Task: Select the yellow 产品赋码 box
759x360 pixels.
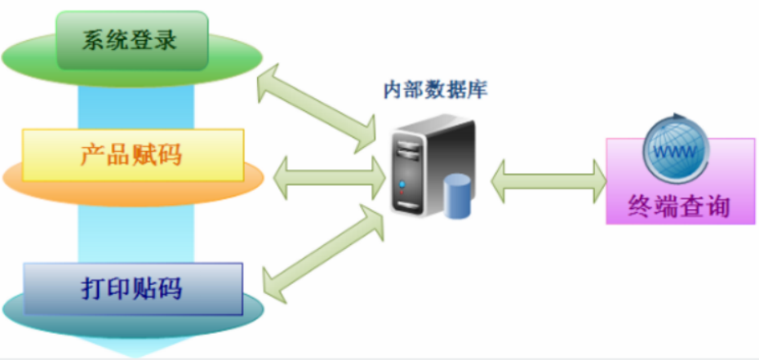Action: pyautogui.click(x=132, y=154)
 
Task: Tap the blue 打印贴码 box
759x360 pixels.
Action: pyautogui.click(x=132, y=288)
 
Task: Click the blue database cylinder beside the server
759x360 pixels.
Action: pyautogui.click(x=458, y=197)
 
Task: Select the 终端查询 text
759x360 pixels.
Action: pyautogui.click(x=680, y=207)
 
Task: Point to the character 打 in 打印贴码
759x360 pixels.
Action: pyautogui.click(x=94, y=288)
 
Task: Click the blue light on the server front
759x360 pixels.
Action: pyautogui.click(x=401, y=185)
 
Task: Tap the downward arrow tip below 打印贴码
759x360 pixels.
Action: pyautogui.click(x=131, y=351)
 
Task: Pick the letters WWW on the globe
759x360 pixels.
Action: pyautogui.click(x=672, y=153)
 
